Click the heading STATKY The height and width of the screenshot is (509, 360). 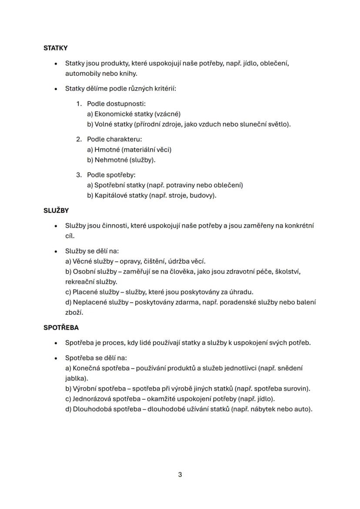55,48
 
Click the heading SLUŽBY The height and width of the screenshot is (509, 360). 56,210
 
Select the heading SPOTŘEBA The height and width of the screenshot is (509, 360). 61,327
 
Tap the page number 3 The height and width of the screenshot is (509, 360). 180,474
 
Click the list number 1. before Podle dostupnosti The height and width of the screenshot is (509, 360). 79,104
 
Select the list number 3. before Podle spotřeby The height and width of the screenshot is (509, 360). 79,175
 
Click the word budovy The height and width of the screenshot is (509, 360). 202,195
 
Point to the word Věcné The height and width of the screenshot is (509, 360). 82,261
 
